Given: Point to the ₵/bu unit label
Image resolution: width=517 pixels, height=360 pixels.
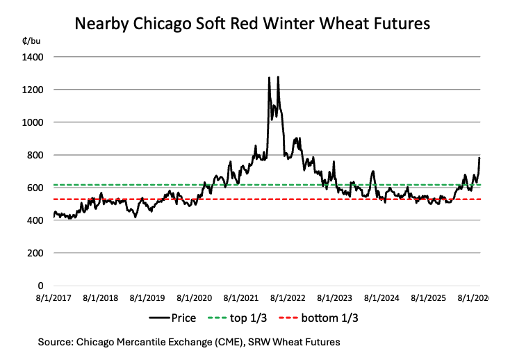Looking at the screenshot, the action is pyautogui.click(x=31, y=41).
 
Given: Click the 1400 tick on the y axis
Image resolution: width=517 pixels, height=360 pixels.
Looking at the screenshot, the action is pyautogui.click(x=32, y=58).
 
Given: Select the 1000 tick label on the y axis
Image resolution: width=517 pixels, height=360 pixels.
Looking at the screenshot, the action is pyautogui.click(x=32, y=122).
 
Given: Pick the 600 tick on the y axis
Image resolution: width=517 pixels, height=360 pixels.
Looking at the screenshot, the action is pyautogui.click(x=35, y=188).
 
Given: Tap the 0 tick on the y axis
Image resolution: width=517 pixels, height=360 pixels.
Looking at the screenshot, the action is pyautogui.click(x=40, y=286).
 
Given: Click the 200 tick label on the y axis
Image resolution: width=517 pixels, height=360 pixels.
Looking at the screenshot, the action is pyautogui.click(x=35, y=253).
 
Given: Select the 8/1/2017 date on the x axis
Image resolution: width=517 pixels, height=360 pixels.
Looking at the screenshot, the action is pyautogui.click(x=54, y=298).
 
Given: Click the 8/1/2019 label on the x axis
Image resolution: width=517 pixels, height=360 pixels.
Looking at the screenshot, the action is pyautogui.click(x=147, y=298).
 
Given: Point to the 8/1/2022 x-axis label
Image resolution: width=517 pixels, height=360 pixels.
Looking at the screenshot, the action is pyautogui.click(x=288, y=298).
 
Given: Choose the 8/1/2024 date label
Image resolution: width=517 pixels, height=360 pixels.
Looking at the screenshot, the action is pyautogui.click(x=381, y=298).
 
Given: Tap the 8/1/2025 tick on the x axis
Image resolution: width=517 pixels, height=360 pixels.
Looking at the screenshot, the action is pyautogui.click(x=428, y=298).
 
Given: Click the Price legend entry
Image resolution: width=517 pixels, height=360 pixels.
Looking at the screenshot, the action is pyautogui.click(x=172, y=318).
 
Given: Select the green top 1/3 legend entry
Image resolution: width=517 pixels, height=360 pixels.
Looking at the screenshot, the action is pyautogui.click(x=237, y=318).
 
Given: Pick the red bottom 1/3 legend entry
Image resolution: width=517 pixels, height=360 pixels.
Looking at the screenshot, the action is pyautogui.click(x=318, y=318).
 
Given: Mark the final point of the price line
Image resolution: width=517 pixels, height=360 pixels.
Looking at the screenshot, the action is pyautogui.click(x=479, y=158).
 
